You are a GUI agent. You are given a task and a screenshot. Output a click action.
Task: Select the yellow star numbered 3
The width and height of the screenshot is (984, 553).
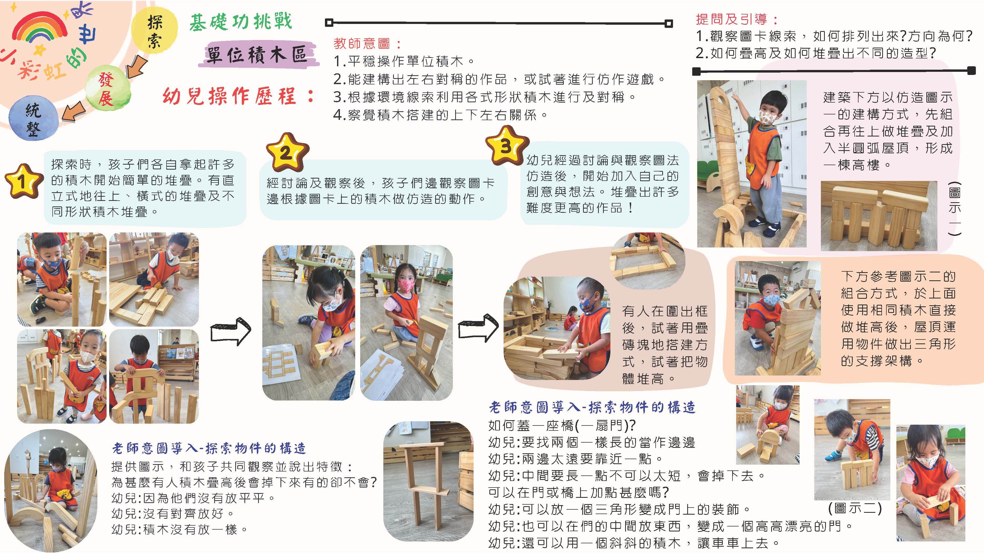point(507,145)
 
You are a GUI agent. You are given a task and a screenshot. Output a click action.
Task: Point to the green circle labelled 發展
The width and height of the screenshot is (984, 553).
point(108,90)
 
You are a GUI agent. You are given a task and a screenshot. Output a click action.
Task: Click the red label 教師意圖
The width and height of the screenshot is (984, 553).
point(368,44)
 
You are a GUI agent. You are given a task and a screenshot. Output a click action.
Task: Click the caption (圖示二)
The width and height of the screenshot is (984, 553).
point(855,508)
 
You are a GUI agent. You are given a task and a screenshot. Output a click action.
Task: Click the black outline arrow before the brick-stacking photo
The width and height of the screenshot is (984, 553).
point(478,328)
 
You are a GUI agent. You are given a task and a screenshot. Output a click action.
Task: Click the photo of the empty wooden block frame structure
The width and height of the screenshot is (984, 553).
point(428,481)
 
